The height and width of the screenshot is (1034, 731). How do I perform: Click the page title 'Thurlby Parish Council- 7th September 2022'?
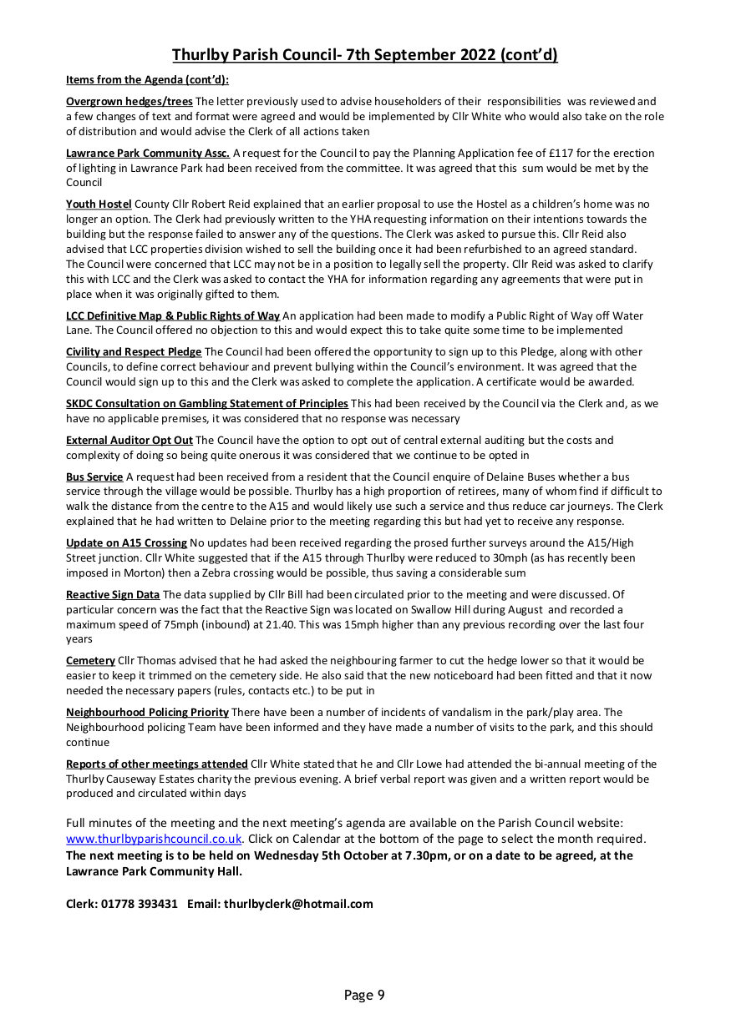coord(365,55)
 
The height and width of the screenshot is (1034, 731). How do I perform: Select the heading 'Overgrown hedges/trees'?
coord(129,102)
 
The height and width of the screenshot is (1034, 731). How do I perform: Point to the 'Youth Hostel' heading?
coord(99,204)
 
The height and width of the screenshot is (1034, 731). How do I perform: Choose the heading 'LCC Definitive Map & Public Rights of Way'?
coord(173,315)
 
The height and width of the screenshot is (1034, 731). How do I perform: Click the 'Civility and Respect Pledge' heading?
coord(134,352)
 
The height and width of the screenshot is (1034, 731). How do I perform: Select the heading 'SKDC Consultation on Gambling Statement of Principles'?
coord(207,404)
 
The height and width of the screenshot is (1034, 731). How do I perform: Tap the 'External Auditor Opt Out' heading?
coord(129,440)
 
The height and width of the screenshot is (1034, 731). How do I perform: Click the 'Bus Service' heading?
coord(94,477)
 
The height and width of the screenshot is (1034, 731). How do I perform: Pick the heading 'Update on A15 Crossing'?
coord(126,543)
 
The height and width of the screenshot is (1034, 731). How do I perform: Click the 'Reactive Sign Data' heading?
coord(113,595)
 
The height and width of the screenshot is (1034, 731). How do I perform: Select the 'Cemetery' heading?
coord(90,661)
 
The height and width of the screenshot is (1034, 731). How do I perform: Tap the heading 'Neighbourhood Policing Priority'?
coord(147,713)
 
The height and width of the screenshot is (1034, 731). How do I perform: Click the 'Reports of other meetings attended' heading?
coord(157,764)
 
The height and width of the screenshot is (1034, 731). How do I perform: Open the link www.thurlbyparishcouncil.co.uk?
coord(154,839)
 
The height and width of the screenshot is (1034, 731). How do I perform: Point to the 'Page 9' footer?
coord(364,995)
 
